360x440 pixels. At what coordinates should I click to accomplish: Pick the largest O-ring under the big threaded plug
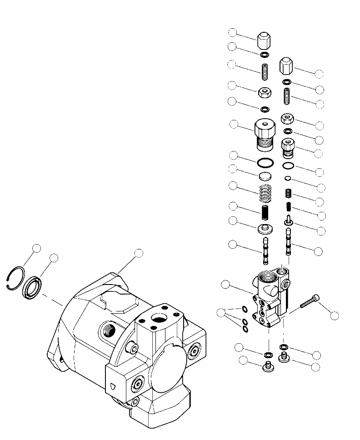click(x=265, y=162)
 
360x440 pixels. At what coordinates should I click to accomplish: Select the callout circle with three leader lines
click(x=221, y=312)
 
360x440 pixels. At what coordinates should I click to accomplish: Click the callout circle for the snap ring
click(x=37, y=248)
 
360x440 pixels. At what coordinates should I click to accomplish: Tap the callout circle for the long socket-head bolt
click(x=334, y=315)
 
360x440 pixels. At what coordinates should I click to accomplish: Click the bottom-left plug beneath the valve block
click(x=267, y=366)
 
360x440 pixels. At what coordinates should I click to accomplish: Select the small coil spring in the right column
click(x=288, y=193)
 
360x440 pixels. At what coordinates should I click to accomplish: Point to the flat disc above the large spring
click(x=265, y=176)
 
